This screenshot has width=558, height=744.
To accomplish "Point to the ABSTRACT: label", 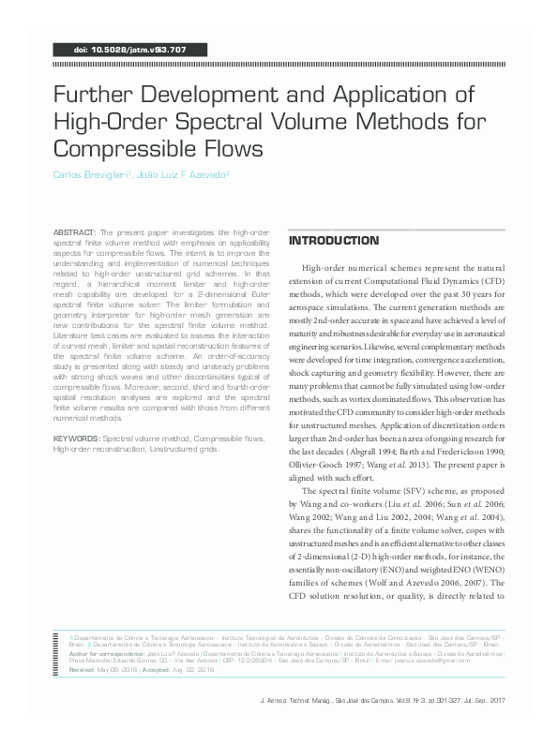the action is pos(75,231).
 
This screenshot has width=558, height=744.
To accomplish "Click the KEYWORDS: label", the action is pos(77,438).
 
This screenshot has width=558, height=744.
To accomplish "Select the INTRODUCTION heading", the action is pos(333,241).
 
